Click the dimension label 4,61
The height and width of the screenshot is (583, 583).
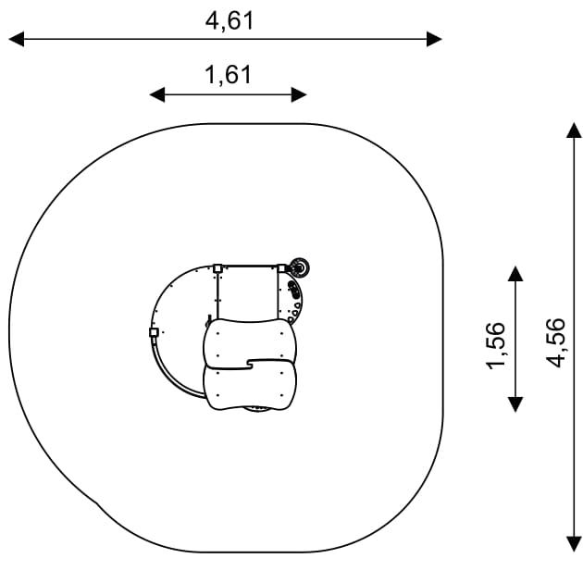pyautogui.click(x=229, y=20)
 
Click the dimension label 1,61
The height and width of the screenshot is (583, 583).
pyautogui.click(x=229, y=75)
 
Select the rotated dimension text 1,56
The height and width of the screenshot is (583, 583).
pyautogui.click(x=496, y=346)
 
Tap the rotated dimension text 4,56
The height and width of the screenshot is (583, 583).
pyautogui.click(x=555, y=342)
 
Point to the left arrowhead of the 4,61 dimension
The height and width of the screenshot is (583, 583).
pyautogui.click(x=17, y=39)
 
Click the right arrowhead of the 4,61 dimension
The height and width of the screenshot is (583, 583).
pyautogui.click(x=434, y=39)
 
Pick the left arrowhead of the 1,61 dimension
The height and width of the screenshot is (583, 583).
pyautogui.click(x=157, y=94)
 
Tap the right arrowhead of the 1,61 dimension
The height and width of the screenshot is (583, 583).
pyautogui.click(x=299, y=94)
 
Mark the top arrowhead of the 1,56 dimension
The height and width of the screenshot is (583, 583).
pyautogui.click(x=515, y=274)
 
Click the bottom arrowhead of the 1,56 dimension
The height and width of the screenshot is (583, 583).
pyautogui.click(x=515, y=404)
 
